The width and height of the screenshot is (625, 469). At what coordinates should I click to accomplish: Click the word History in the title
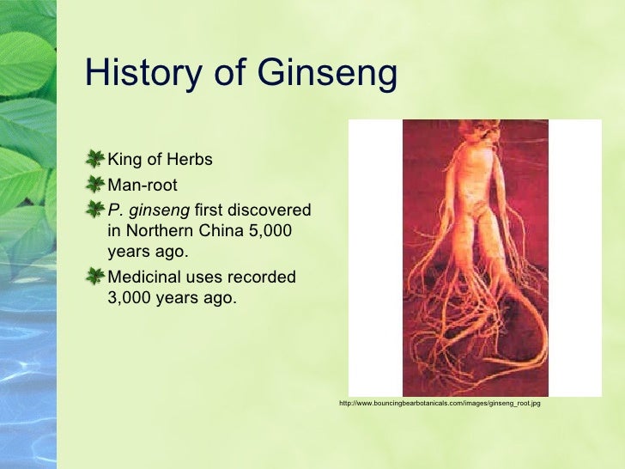coord(140,75)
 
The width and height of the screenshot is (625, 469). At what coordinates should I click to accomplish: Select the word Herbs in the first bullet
coord(189,161)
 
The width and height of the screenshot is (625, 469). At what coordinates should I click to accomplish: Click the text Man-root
coord(143,185)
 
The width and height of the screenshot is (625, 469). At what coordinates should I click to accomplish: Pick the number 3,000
coord(133,298)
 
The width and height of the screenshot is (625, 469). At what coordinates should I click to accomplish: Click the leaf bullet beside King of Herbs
coord(95,159)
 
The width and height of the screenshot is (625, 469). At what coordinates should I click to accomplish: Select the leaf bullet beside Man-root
coord(95,183)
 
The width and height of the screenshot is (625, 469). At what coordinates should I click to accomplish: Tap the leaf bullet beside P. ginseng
coord(95,206)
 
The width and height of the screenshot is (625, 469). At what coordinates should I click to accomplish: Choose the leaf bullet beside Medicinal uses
coord(95,275)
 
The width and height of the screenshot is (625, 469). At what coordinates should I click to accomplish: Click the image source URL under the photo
coord(440,403)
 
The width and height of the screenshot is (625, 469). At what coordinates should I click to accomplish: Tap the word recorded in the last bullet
coord(263,277)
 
